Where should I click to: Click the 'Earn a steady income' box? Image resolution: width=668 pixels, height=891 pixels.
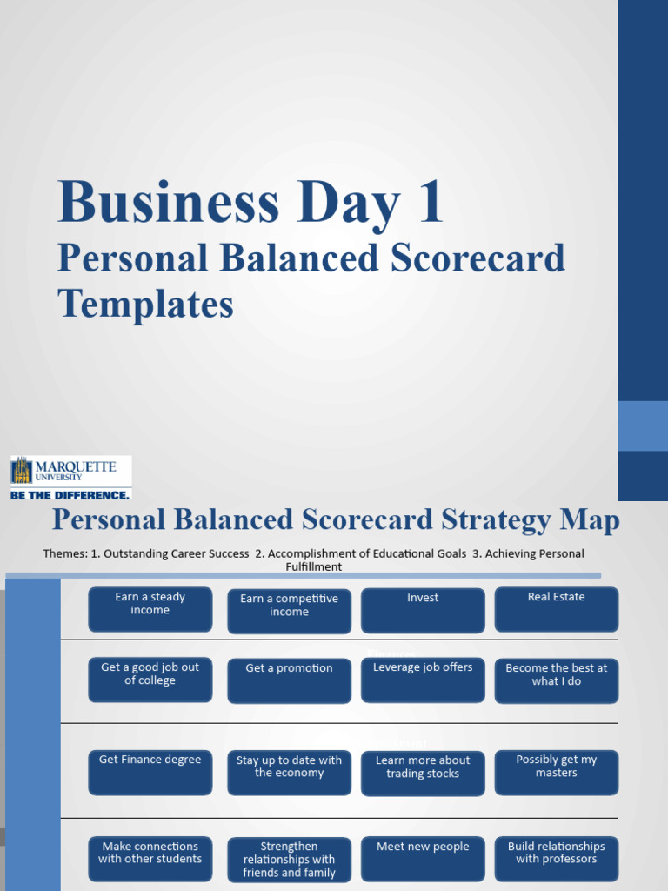pos(150,608)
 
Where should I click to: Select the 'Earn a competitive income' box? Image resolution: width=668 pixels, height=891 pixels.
pos(289,611)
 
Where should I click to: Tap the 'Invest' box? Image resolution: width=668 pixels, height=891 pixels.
pos(423,610)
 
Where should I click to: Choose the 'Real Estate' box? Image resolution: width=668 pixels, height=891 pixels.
pos(556,608)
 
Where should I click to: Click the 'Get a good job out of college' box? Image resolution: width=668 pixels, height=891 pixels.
pos(150,679)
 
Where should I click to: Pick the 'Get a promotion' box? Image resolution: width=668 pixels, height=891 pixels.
pos(289,680)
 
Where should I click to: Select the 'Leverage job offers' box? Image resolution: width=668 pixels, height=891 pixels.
pos(423,679)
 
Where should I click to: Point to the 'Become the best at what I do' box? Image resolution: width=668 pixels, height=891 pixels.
pos(556,680)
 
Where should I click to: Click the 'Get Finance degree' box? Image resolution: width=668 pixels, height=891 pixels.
pos(150,772)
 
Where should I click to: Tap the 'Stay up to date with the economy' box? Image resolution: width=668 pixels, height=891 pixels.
pos(289,772)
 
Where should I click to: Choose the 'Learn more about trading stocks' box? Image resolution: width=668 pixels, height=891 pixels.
pos(423,773)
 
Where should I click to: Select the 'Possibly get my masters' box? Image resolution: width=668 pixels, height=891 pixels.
pos(556,772)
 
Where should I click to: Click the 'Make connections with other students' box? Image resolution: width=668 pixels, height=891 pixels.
pos(150,857)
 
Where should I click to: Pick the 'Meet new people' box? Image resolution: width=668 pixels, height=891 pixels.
pos(423,858)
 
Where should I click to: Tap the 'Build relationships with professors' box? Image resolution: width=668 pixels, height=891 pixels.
pos(556,857)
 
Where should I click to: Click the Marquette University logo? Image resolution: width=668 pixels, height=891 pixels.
pos(71,472)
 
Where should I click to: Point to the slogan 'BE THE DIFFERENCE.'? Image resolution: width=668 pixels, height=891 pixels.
pos(70,494)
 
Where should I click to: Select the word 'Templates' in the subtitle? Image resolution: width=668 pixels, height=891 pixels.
pos(145,305)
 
